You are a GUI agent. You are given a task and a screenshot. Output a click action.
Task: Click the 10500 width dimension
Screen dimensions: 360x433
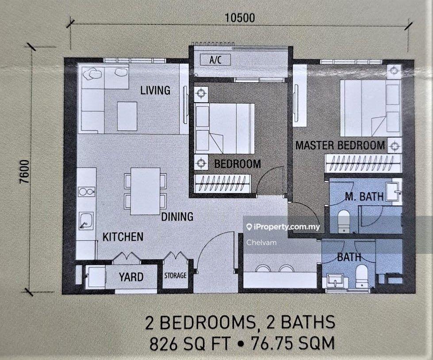click(x=240, y=18)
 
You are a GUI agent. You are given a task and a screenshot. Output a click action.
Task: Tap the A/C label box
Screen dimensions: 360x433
click(x=215, y=60)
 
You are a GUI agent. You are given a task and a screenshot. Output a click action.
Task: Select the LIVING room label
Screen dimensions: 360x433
click(x=155, y=90)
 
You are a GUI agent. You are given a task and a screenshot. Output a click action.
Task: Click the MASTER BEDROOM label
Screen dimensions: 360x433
click(x=340, y=145)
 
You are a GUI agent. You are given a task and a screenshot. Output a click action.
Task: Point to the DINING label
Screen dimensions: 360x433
click(x=177, y=217)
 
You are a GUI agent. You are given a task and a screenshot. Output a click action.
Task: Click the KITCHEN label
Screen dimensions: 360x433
click(x=123, y=237)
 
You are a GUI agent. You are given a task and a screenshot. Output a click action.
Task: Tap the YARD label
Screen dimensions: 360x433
click(x=131, y=277)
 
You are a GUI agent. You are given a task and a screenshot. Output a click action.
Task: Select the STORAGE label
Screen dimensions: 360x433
click(x=175, y=276)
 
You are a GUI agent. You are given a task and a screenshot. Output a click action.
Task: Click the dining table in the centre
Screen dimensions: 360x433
click(x=146, y=191)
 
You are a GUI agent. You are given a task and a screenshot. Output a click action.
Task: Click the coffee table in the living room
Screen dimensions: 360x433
click(x=127, y=116)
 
